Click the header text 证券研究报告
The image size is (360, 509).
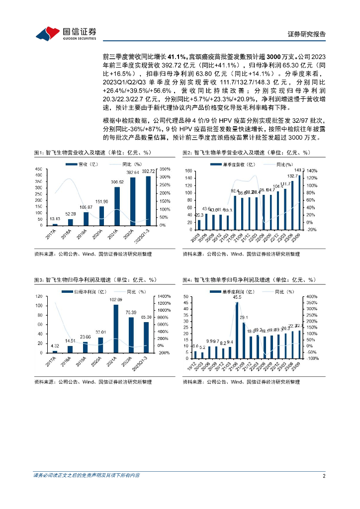click(x=307, y=34)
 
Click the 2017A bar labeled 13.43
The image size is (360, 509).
click(x=55, y=224)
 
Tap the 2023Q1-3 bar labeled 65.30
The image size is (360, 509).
click(x=146, y=337)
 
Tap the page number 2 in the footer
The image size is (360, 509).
click(x=324, y=476)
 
